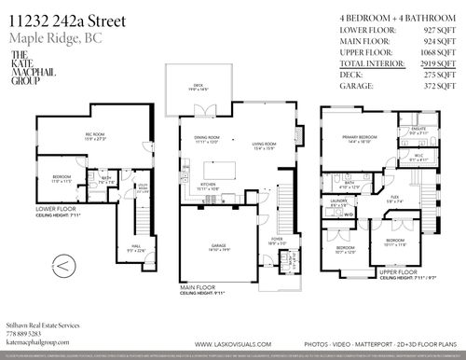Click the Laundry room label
[339, 201]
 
